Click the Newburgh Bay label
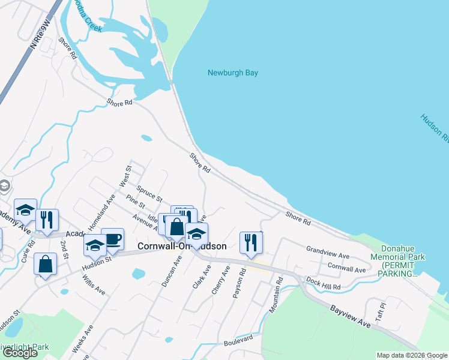coord(232,73)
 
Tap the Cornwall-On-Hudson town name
coord(182,246)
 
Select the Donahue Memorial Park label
coord(403,261)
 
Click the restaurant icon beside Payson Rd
coord(251,243)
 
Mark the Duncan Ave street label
coord(170,271)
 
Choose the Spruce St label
coord(149,193)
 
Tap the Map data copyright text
coord(412,355)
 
